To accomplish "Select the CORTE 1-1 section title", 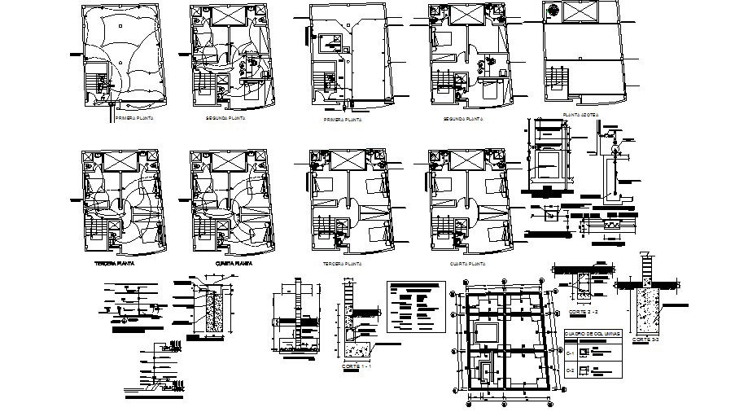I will click(356, 367).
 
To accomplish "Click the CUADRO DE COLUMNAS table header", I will click(592, 334).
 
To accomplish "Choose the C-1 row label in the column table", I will click(571, 351).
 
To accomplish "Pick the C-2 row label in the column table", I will click(571, 370).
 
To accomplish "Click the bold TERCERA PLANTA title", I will click(114, 265).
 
